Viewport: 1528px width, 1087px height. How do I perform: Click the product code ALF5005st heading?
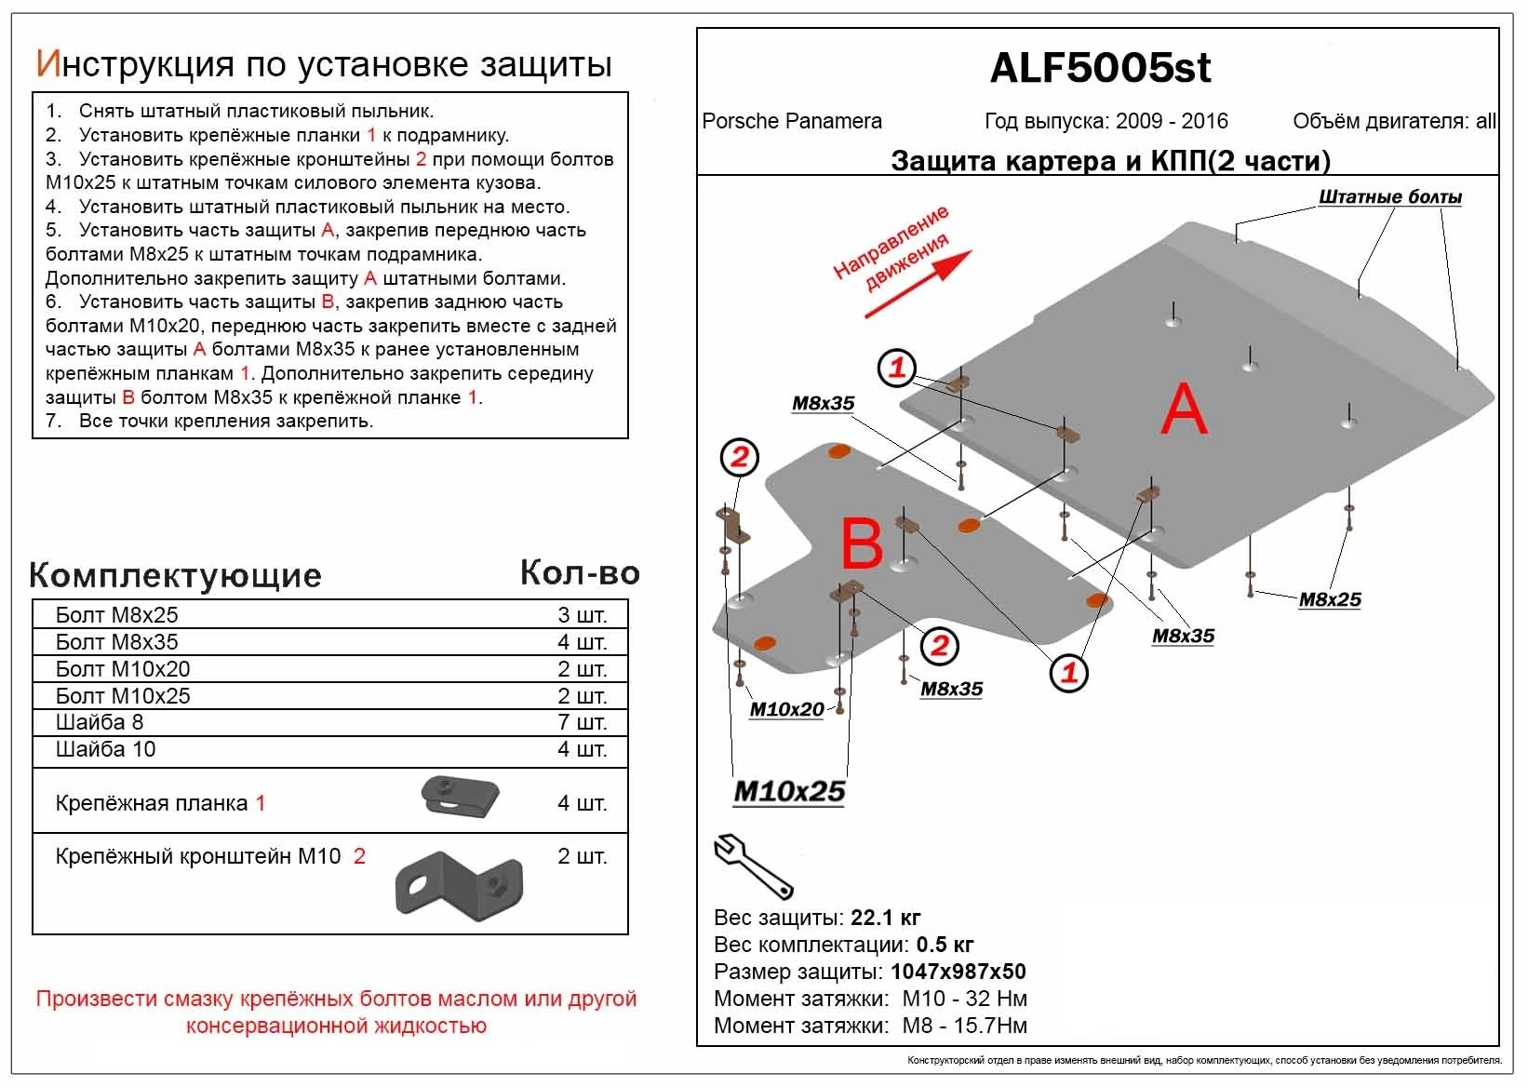click(x=1100, y=68)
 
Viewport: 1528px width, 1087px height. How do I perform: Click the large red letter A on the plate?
click(x=1184, y=410)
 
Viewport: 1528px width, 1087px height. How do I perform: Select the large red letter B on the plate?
click(x=862, y=543)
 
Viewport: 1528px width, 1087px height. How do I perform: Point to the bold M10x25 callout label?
click(x=789, y=791)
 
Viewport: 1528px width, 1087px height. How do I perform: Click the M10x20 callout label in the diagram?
click(x=786, y=709)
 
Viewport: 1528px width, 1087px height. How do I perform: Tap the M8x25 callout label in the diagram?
click(x=1330, y=599)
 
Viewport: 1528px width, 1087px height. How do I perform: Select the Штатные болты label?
click(x=1389, y=197)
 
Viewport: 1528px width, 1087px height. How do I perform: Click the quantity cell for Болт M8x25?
click(x=582, y=615)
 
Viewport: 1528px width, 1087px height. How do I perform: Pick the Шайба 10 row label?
click(x=105, y=749)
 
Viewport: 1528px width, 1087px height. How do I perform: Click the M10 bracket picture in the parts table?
click(x=459, y=882)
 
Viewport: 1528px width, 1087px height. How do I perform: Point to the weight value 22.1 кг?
click(x=885, y=918)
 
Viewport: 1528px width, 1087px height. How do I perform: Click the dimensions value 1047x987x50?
click(x=958, y=972)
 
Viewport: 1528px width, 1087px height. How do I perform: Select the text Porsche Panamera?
click(x=792, y=121)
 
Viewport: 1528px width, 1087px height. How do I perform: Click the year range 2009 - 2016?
click(x=1172, y=121)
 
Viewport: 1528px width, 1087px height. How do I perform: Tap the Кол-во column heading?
click(x=580, y=572)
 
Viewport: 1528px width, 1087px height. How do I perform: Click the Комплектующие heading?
click(x=175, y=575)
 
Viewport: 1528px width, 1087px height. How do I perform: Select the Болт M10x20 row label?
click(x=123, y=669)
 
